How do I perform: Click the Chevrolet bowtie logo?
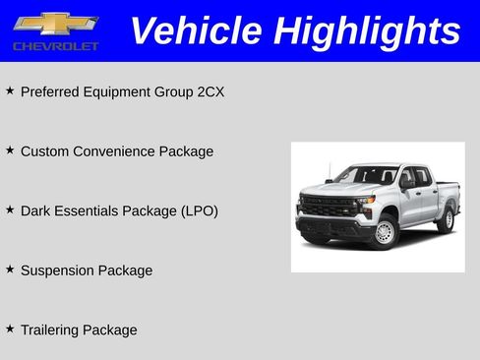click(x=55, y=24)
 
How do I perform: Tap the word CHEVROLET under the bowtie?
click(x=55, y=46)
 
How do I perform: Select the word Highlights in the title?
click(x=368, y=30)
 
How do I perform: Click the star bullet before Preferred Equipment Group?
click(x=10, y=90)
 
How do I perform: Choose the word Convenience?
click(x=117, y=151)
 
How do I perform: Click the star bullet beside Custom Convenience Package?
click(x=10, y=150)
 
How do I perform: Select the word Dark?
click(x=34, y=210)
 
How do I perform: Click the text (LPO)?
click(x=199, y=210)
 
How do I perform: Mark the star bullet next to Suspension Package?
click(x=10, y=268)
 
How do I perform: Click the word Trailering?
click(x=53, y=330)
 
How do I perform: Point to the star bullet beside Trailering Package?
click(x=10, y=328)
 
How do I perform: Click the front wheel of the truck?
click(x=384, y=232)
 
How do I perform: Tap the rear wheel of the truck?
click(x=446, y=218)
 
